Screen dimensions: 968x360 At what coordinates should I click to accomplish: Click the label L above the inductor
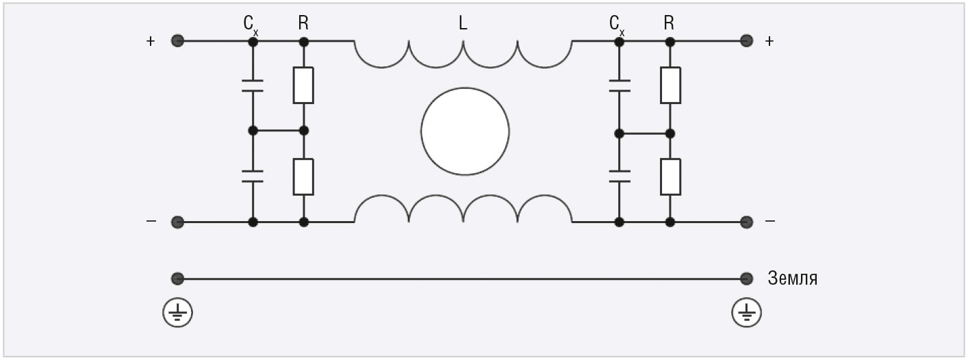click(x=463, y=23)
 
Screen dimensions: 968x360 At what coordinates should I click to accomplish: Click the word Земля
click(x=793, y=279)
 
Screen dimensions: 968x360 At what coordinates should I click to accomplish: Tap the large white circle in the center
click(x=465, y=131)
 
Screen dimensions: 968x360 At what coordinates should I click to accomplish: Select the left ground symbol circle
click(x=177, y=313)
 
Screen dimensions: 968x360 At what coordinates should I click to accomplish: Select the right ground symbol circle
click(x=746, y=313)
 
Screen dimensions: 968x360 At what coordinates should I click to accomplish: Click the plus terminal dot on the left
click(x=177, y=41)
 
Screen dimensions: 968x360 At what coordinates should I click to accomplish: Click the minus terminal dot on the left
click(x=177, y=222)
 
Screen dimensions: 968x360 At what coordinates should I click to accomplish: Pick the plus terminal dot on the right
click(x=746, y=41)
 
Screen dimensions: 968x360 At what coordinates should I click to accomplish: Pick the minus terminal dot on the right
click(x=746, y=222)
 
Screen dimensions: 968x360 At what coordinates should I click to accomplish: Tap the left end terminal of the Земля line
click(x=177, y=279)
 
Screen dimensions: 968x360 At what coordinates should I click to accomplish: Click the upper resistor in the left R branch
click(x=303, y=85)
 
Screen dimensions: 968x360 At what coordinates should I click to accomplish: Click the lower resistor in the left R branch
click(x=303, y=177)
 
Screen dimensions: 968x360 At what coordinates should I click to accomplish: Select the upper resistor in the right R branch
click(x=670, y=85)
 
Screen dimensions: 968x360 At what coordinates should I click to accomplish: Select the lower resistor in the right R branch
click(x=670, y=177)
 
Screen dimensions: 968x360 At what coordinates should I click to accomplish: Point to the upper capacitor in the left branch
click(x=253, y=86)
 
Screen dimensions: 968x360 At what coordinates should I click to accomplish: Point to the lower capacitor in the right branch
click(x=620, y=177)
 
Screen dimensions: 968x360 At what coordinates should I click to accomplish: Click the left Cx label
click(x=251, y=25)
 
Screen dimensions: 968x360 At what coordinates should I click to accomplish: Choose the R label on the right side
click(x=669, y=23)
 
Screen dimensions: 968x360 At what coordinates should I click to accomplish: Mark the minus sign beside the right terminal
click(x=769, y=221)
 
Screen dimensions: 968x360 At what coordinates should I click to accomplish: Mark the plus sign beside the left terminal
click(x=151, y=41)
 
